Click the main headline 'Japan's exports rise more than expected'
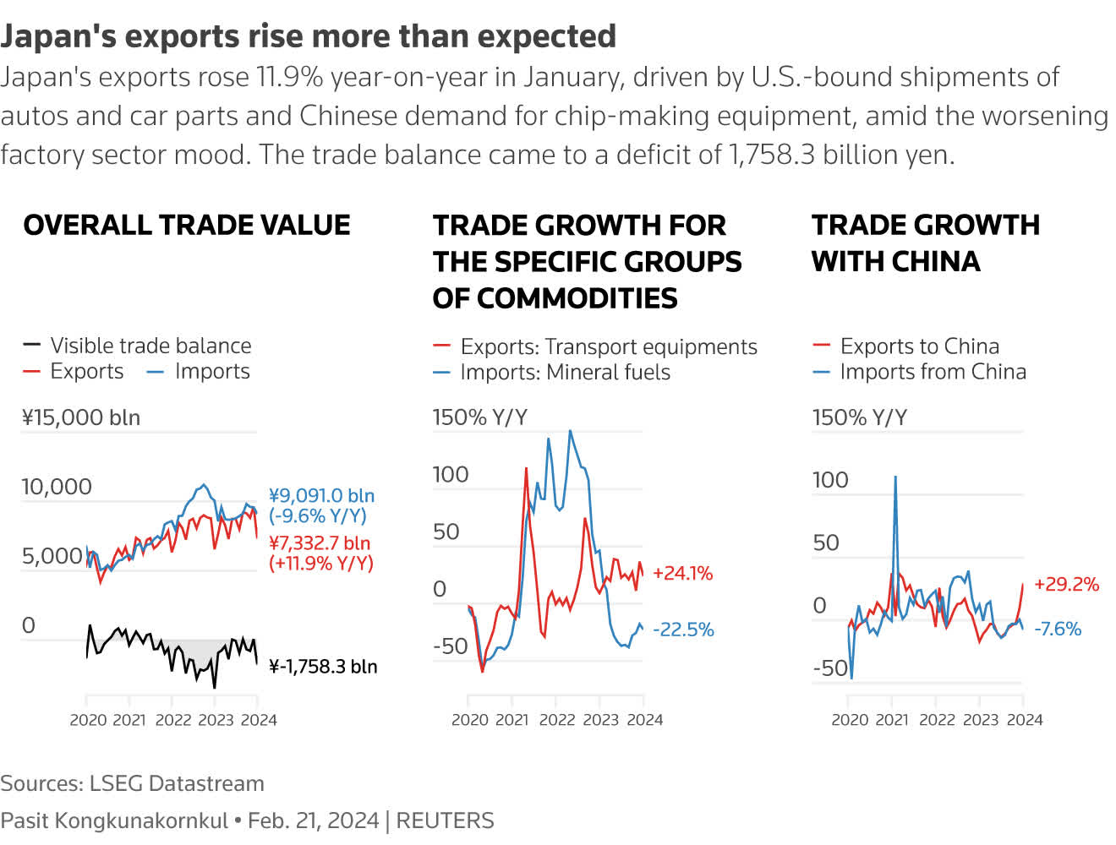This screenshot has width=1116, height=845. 309,36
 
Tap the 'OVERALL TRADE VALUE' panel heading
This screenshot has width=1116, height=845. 187,225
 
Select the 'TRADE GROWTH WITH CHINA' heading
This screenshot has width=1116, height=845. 926,243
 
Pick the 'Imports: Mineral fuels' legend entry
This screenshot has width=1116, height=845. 565,373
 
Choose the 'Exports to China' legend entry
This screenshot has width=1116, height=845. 919,346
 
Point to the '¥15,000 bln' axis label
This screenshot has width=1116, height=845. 81,417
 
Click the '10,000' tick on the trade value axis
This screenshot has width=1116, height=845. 57,487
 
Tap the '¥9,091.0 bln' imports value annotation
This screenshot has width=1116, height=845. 321,496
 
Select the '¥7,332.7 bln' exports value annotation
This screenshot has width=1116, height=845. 320,543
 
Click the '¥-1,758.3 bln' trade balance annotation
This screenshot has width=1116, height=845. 323,667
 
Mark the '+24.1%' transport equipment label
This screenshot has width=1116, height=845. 682,574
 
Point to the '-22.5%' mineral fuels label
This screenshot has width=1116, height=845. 683,630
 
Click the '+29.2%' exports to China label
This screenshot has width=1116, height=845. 1066,585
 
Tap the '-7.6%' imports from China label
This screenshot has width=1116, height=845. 1058,629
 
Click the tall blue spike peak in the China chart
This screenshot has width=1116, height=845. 895,477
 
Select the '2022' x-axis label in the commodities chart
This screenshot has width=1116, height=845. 556,720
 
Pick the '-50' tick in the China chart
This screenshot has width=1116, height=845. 830,668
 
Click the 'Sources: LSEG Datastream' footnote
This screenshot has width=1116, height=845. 133,783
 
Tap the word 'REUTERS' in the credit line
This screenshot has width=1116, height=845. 445,820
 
